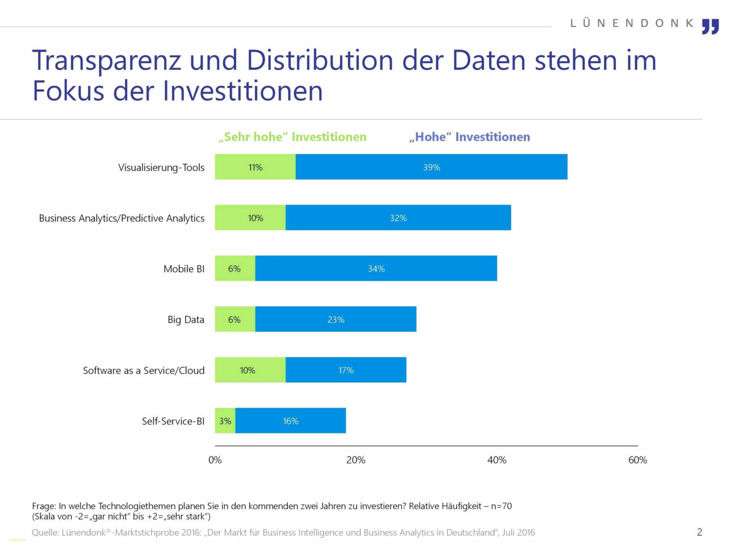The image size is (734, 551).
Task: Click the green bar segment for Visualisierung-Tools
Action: click(255, 167)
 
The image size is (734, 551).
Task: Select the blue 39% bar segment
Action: click(431, 167)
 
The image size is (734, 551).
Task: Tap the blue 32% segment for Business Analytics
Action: click(398, 218)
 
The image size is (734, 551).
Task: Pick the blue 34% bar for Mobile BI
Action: click(376, 268)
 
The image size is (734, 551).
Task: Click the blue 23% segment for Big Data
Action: click(335, 319)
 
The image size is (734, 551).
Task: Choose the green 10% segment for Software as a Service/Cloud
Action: click(250, 370)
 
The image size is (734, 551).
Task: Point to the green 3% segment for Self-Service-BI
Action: click(225, 421)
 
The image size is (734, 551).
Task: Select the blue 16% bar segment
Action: click(290, 421)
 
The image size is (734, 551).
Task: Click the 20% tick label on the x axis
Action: click(356, 460)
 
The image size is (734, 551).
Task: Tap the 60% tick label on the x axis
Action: click(637, 460)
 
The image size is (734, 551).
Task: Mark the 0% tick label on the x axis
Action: click(215, 460)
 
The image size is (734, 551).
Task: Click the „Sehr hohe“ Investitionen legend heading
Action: click(292, 137)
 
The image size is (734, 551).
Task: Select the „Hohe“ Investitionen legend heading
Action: click(469, 137)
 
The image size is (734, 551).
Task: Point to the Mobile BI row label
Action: click(184, 269)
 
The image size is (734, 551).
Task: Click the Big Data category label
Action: click(186, 319)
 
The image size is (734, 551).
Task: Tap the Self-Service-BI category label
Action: click(173, 421)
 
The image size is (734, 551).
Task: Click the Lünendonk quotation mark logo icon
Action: click(710, 26)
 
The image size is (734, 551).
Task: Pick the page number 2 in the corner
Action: click(699, 532)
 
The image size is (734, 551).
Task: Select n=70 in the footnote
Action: click(501, 506)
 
